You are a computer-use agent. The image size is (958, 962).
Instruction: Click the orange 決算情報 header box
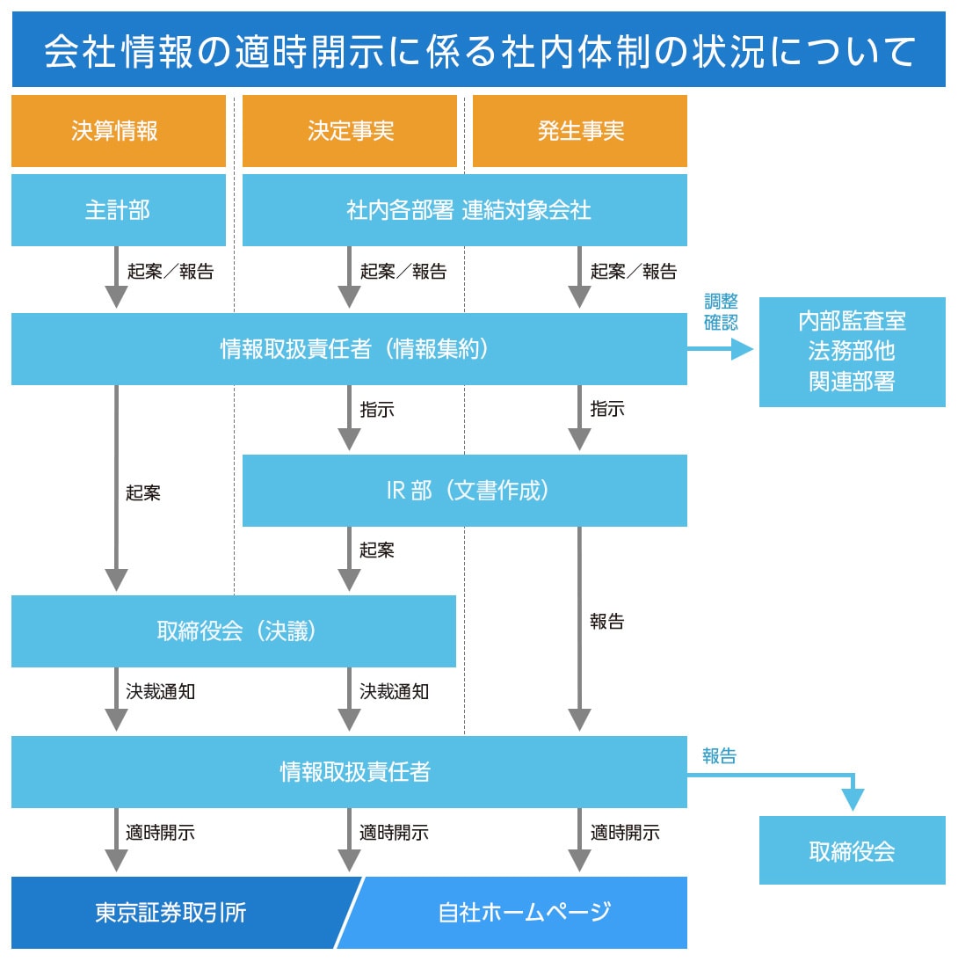pos(118,131)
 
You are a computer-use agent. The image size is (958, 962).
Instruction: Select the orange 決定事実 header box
pos(350,131)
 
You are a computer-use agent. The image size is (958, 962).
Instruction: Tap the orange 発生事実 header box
pos(580,131)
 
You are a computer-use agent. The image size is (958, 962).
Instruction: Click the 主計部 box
pos(118,210)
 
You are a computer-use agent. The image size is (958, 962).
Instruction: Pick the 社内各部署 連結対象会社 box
pos(464,210)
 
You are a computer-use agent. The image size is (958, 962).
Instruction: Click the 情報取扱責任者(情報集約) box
pos(349,349)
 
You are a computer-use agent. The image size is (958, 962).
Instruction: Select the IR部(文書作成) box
pos(464,491)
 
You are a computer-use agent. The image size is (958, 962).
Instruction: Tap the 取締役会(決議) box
pos(234,631)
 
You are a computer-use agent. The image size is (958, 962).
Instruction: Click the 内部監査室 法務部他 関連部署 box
pos(852,352)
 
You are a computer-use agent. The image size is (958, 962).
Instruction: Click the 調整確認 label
pos(721,312)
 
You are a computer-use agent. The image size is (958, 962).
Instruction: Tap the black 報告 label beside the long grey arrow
pos(607,622)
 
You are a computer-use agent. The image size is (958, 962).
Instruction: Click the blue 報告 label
pos(719,755)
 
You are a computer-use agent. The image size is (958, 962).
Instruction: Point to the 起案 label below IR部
pos(377,550)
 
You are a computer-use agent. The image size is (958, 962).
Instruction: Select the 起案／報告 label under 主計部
pos(171,272)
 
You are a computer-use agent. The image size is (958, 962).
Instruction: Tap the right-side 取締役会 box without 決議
pos(852,850)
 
